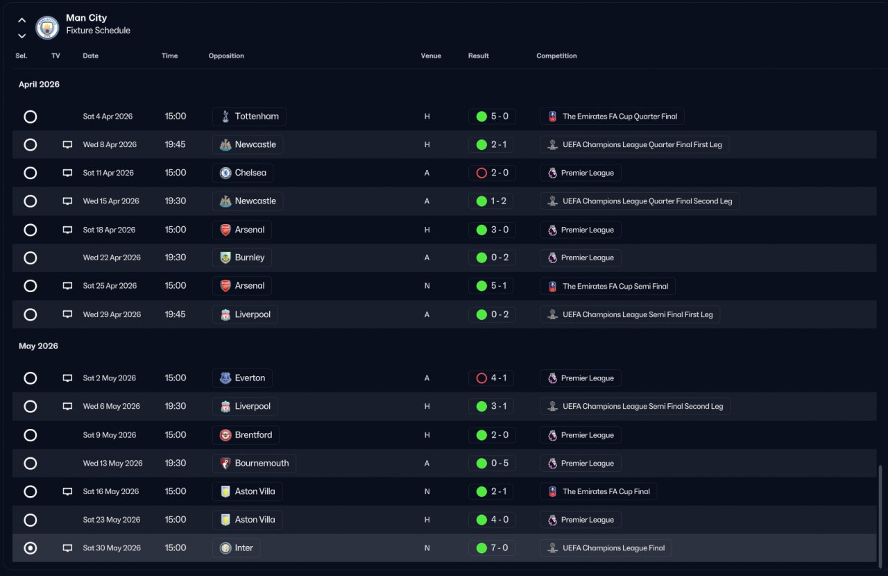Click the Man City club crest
click(47, 28)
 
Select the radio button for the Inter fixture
click(31, 548)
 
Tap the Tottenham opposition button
click(249, 117)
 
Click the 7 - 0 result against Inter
click(492, 548)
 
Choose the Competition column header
click(556, 56)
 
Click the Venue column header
click(431, 56)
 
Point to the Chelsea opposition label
click(242, 173)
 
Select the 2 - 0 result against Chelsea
click(492, 173)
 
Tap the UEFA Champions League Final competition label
click(606, 548)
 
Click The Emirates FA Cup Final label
click(599, 491)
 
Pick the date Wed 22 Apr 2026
click(112, 257)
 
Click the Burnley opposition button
click(241, 257)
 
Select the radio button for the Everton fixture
click(31, 378)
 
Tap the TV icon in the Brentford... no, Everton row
click(67, 378)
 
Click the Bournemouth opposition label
click(254, 464)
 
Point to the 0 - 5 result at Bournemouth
click(492, 464)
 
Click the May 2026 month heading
click(38, 346)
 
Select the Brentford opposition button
click(246, 435)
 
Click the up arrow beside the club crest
click(22, 21)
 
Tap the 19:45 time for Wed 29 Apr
click(175, 314)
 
